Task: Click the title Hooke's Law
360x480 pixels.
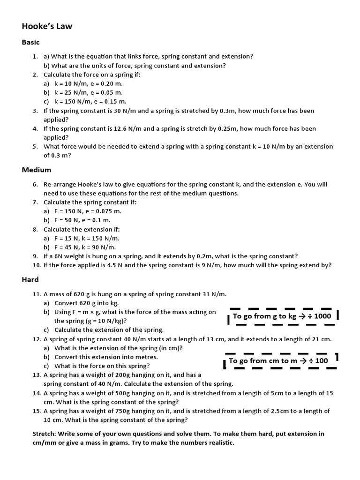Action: [47, 26]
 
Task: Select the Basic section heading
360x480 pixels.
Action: [31, 43]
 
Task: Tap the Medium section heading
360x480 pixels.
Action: [37, 170]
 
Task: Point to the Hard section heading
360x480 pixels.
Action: [30, 279]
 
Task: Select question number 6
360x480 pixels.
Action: [35, 185]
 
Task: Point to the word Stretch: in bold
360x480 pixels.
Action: [45, 434]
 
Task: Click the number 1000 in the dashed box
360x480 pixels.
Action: [322, 316]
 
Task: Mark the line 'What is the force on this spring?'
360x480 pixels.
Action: [102, 366]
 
